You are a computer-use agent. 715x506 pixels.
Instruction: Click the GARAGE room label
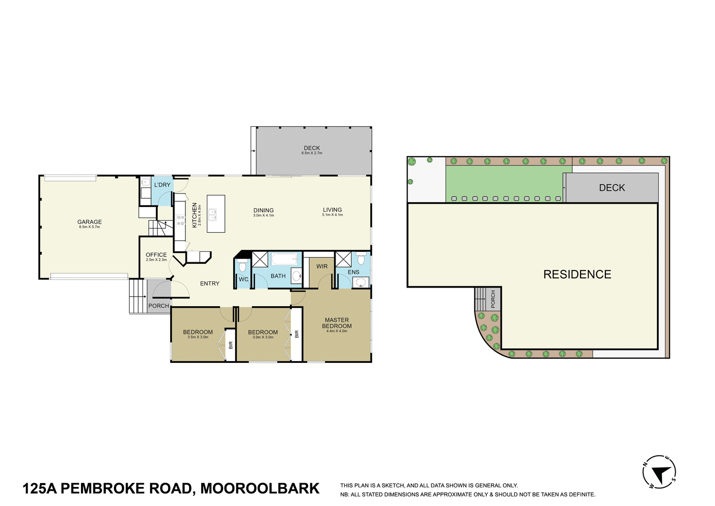[90, 222]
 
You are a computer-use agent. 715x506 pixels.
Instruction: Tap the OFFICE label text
[156, 255]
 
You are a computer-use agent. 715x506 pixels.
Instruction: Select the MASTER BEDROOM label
[337, 323]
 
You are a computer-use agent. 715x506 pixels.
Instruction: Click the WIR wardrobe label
[322, 266]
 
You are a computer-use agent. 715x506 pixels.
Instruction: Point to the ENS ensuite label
[353, 272]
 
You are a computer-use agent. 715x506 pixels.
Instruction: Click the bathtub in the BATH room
[284, 259]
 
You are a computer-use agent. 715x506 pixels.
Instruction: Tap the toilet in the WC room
[242, 265]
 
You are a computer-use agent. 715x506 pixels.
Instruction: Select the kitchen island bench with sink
[215, 214]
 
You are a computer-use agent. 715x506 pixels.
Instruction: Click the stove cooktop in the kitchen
[181, 220]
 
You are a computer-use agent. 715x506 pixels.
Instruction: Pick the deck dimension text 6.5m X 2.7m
[312, 153]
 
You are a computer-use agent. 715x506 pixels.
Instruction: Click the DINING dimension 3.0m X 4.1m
[264, 216]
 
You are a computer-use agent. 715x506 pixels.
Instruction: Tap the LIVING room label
[332, 209]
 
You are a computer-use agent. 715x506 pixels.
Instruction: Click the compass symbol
[660, 472]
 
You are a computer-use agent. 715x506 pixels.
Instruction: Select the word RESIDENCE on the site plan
[577, 274]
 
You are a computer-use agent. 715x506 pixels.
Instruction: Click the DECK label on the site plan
[612, 188]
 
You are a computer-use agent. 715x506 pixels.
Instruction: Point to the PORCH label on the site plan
[493, 299]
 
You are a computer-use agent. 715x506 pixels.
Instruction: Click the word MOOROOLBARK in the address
[260, 488]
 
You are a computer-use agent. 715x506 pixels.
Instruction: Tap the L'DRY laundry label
[162, 185]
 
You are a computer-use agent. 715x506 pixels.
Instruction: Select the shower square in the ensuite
[343, 259]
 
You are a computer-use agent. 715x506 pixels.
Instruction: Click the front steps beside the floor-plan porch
[137, 296]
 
